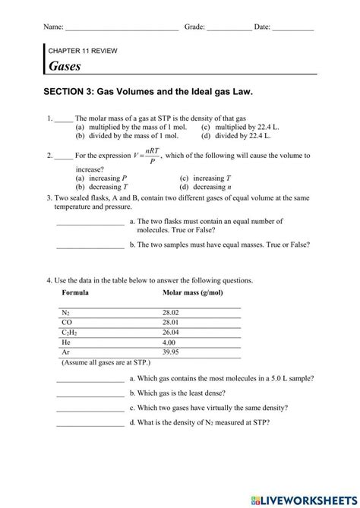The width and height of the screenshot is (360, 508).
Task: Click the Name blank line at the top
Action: pos(122,28)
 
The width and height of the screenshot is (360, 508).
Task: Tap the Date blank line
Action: pos(292,28)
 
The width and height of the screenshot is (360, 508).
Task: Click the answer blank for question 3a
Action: pos(90,223)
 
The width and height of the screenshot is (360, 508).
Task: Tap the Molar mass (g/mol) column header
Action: pos(195,292)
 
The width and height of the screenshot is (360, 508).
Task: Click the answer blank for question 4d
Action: pos(90,424)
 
